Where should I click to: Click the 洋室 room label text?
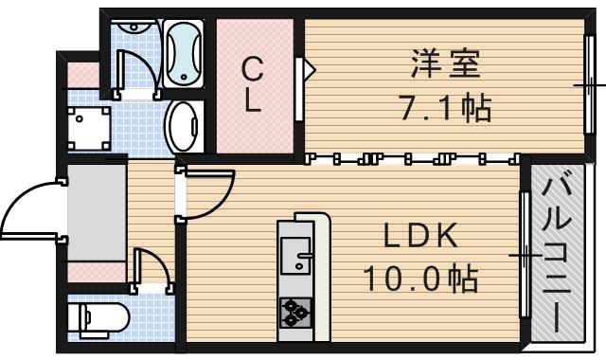[446, 65]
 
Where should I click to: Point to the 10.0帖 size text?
[420, 279]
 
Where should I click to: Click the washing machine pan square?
[88, 126]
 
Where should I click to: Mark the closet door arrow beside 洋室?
[304, 69]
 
